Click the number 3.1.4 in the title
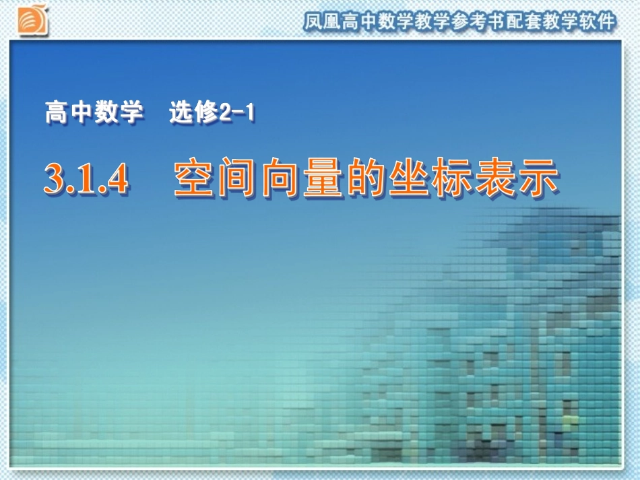coord(86,180)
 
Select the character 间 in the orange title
coord(238,179)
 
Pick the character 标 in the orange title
coord(453,179)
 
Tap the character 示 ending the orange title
coord(538,179)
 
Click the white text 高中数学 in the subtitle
coord(94,113)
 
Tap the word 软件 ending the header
coord(599,22)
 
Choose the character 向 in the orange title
coord(281,179)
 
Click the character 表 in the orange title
coord(495,179)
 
